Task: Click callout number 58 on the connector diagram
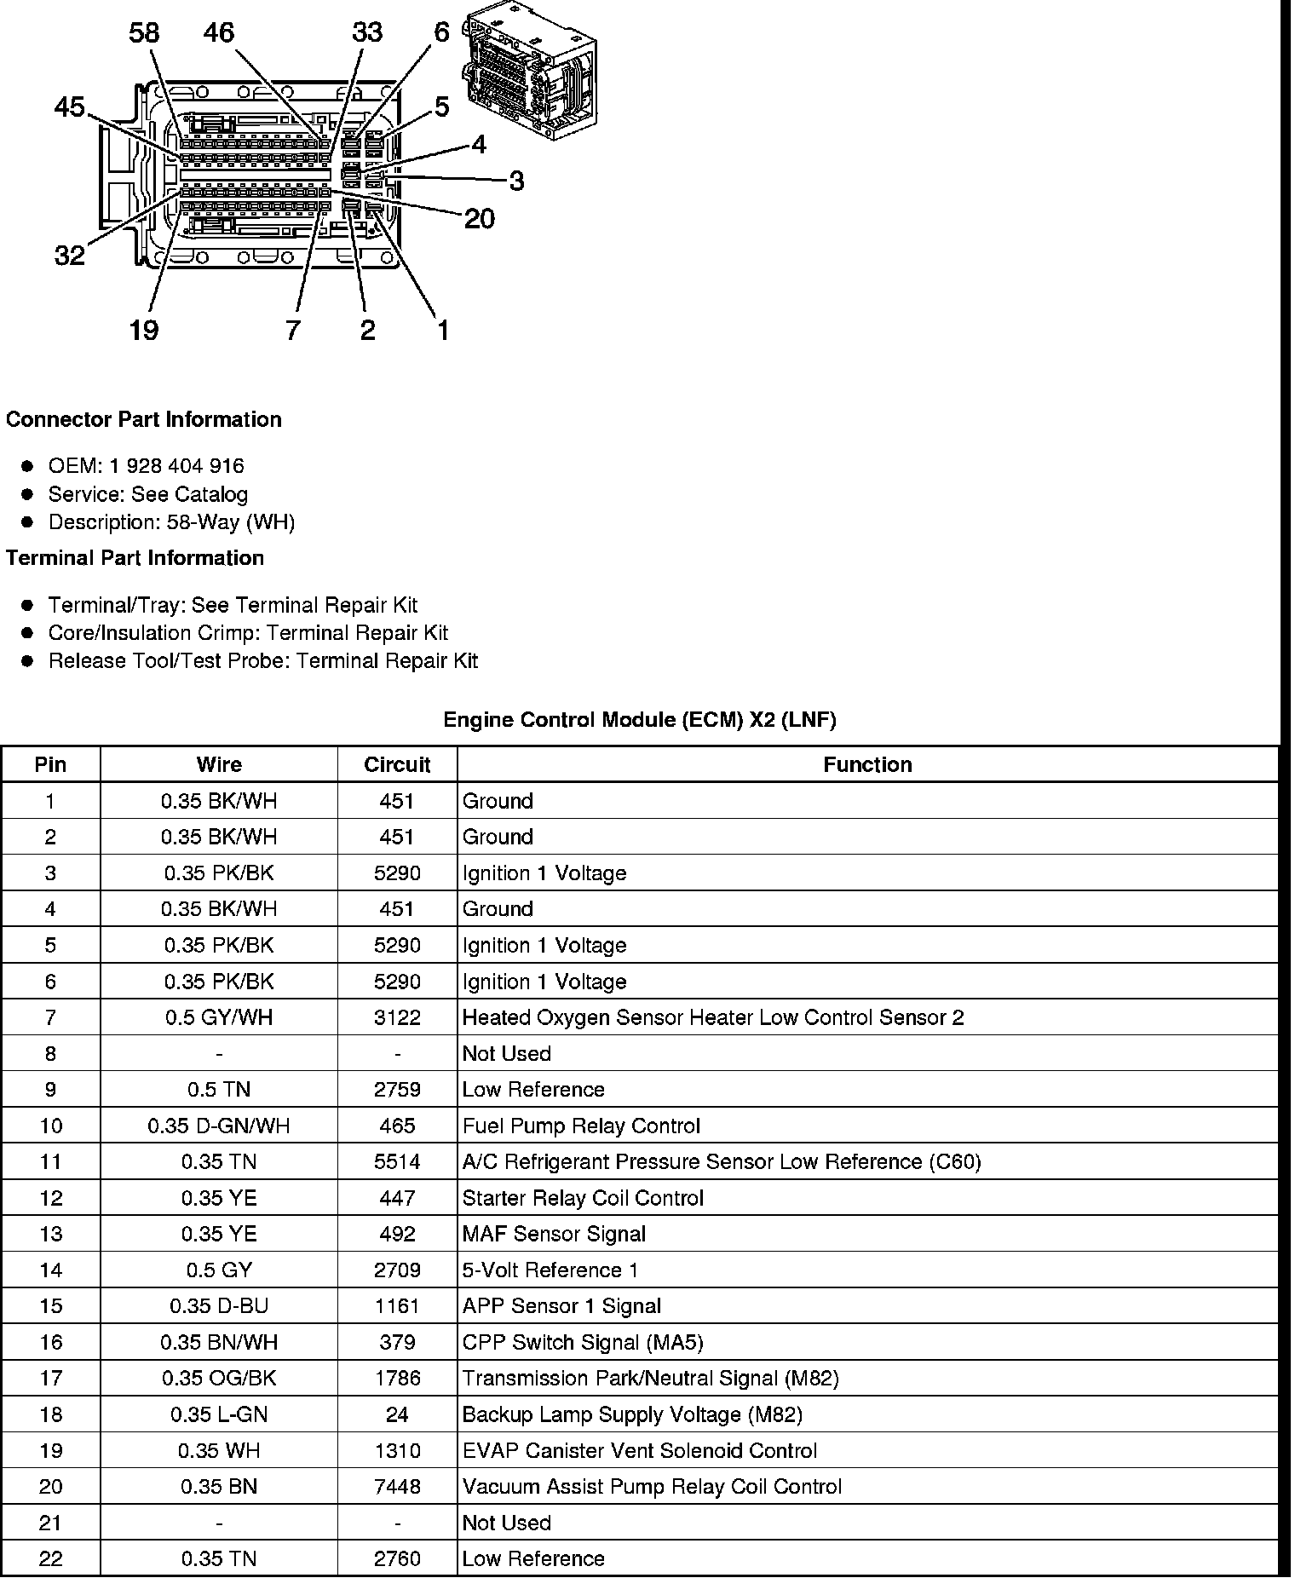[144, 33]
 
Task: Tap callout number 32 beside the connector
[70, 255]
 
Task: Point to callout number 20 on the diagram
[479, 219]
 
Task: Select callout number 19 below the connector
[144, 330]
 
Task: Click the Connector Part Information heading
[143, 420]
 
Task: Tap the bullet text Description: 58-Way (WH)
[171, 522]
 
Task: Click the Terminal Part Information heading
[135, 558]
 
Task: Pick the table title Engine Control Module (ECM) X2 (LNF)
[640, 720]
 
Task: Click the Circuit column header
[397, 765]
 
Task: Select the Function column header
[867, 765]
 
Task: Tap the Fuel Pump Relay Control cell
[581, 1126]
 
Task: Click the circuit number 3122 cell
[397, 1017]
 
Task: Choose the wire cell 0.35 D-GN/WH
[219, 1126]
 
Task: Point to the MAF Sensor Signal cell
[554, 1235]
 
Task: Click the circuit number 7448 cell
[397, 1487]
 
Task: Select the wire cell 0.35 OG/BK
[219, 1379]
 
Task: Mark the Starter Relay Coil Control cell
[583, 1199]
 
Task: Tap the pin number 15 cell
[50, 1306]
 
